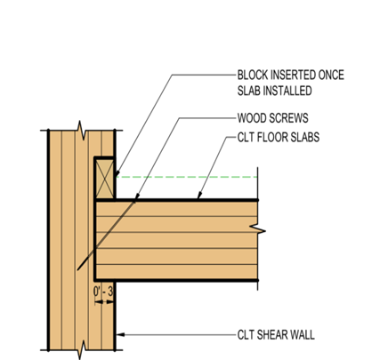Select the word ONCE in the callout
pos(331,75)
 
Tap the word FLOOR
pos(273,137)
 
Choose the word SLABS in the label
pos(305,137)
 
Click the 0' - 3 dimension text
pos(103,292)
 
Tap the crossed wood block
pos(105,179)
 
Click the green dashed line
pos(187,177)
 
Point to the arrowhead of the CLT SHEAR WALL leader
pos(120,334)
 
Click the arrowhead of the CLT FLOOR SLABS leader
pos(199,196)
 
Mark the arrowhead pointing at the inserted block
pos(117,173)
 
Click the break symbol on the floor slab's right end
pos(257,229)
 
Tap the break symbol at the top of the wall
pos(82,131)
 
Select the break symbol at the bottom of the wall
pos(82,350)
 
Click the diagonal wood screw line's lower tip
pos(77,270)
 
